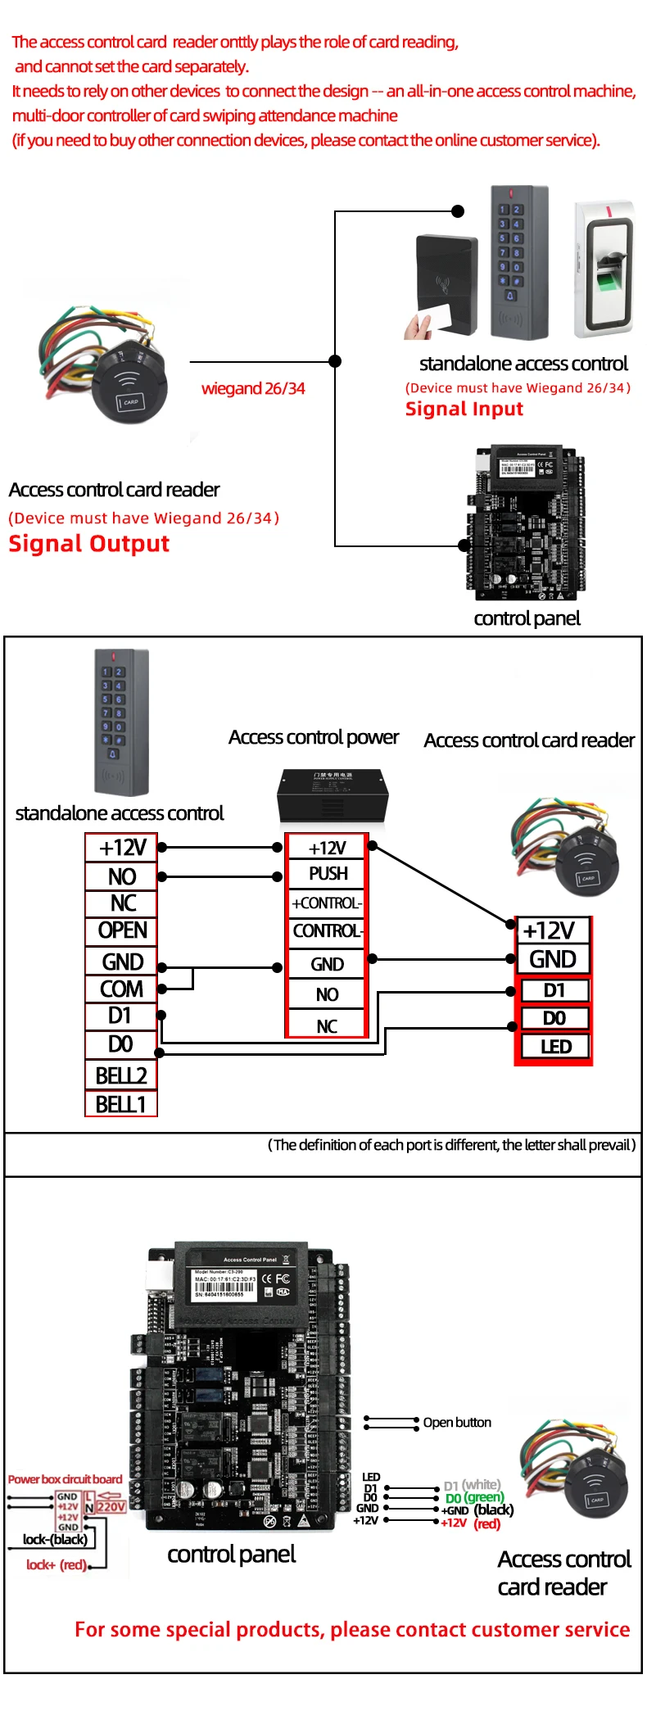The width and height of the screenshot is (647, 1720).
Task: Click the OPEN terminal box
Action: (x=122, y=931)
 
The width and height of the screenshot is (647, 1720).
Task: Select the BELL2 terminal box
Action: (x=121, y=1075)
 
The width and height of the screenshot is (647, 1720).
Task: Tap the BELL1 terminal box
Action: (x=121, y=1105)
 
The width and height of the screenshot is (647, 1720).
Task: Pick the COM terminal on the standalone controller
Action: (x=121, y=989)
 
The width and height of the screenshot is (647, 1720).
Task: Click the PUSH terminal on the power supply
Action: (x=328, y=874)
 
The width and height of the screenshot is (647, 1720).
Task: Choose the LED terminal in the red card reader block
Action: (x=555, y=1047)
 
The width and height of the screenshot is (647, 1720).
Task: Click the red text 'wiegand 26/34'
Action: (x=253, y=388)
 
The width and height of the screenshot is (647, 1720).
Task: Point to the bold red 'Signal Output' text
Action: (x=89, y=544)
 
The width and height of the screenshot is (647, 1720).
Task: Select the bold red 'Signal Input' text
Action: (x=464, y=409)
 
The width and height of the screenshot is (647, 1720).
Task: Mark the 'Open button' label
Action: (x=457, y=1423)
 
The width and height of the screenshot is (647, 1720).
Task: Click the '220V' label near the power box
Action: (x=111, y=1506)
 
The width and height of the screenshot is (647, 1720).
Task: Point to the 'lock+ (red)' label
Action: (x=56, y=1564)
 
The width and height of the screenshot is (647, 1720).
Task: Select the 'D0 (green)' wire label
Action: (x=475, y=1497)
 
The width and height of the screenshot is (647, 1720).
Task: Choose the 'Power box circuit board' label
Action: (x=65, y=1479)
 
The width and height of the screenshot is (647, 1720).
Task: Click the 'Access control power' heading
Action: (x=314, y=737)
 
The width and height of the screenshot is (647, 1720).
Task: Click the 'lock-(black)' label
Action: (x=55, y=1539)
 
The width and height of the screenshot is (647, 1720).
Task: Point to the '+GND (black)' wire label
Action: (x=477, y=1510)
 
